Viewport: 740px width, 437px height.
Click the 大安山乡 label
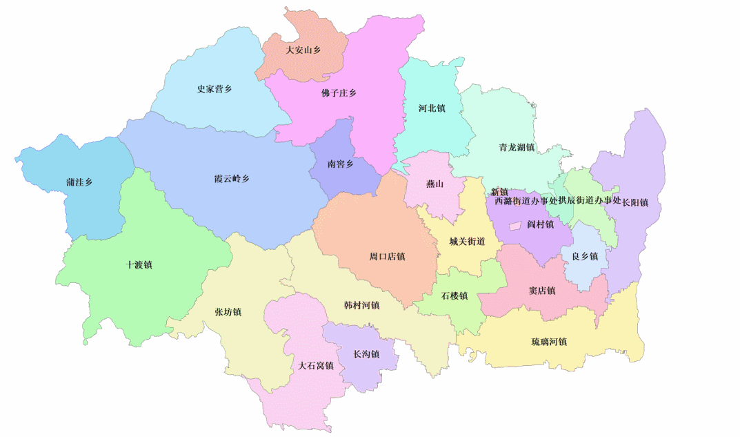[303, 50]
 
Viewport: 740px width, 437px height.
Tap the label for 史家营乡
[214, 89]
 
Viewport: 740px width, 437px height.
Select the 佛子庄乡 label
[339, 93]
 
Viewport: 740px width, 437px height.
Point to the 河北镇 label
[432, 108]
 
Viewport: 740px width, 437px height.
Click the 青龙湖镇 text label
[517, 148]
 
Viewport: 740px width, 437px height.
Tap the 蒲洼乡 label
[79, 182]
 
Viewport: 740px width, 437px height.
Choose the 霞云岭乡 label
[231, 179]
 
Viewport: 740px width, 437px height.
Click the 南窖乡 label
[340, 164]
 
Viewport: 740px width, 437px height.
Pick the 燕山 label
[434, 184]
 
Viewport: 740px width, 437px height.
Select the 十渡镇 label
[139, 264]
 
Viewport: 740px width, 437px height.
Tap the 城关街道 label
[467, 242]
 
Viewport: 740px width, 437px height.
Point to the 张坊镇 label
[228, 312]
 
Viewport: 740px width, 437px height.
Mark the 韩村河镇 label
[361, 305]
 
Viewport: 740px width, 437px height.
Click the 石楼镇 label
[454, 296]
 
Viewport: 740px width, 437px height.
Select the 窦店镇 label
[542, 291]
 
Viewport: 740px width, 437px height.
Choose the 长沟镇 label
[366, 355]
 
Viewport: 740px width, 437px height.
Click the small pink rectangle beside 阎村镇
[514, 226]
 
